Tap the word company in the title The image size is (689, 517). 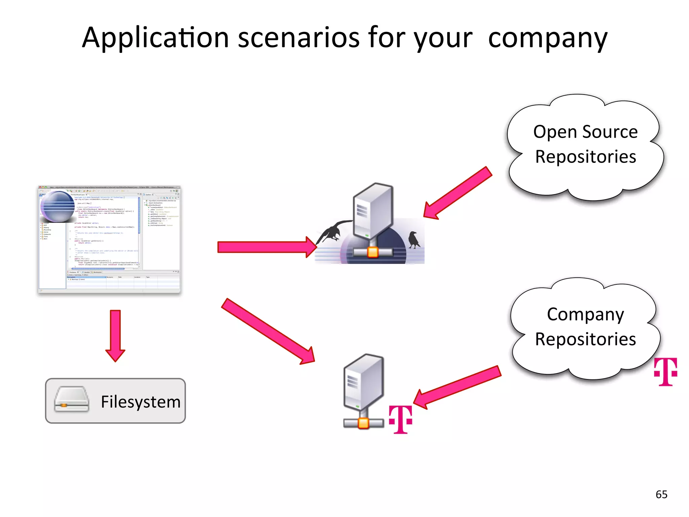tap(548, 38)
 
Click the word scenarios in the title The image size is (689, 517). tap(299, 38)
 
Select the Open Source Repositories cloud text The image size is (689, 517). tap(585, 144)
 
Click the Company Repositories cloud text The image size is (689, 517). tap(585, 326)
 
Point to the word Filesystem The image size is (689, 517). tap(141, 402)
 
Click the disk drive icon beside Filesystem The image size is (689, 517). tap(72, 400)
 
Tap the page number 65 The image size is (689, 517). tap(661, 494)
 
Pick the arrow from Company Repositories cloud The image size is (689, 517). tap(457, 387)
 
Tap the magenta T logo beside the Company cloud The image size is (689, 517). tap(665, 372)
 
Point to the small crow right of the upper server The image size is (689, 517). tap(414, 240)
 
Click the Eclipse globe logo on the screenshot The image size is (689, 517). tap(57, 206)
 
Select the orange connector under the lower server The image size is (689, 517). tap(363, 423)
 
